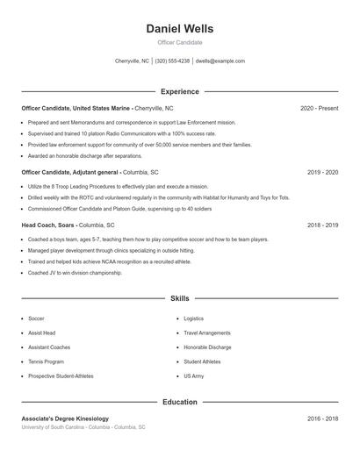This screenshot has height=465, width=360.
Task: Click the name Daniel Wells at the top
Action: (x=179, y=28)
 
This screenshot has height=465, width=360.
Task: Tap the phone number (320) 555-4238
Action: (x=172, y=61)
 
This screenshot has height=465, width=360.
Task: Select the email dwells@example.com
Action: (x=220, y=61)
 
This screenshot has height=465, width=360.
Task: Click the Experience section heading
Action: (x=179, y=91)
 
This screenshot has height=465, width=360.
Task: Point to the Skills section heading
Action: (x=179, y=299)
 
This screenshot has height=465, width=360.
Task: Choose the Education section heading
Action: (x=179, y=402)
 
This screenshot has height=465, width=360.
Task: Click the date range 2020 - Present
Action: (x=319, y=108)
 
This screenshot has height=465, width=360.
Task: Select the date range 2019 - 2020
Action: (x=322, y=173)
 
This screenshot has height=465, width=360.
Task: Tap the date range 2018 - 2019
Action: (x=322, y=225)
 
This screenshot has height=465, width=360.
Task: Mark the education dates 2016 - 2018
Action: (x=322, y=418)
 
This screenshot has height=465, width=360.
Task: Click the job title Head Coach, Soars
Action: (x=49, y=225)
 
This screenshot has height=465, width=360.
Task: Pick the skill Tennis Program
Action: (x=46, y=361)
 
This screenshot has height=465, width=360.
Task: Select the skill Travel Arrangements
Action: (x=207, y=333)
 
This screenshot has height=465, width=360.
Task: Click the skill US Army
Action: (x=193, y=376)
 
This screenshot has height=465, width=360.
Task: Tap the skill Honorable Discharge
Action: (x=207, y=347)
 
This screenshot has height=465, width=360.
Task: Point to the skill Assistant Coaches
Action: (x=48, y=347)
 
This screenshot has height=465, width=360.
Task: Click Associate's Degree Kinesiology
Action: (x=65, y=418)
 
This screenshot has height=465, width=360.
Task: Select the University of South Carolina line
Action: (x=83, y=427)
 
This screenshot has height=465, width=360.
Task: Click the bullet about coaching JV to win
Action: (x=75, y=273)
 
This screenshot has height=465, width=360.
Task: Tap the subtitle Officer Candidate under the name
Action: (x=179, y=42)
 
